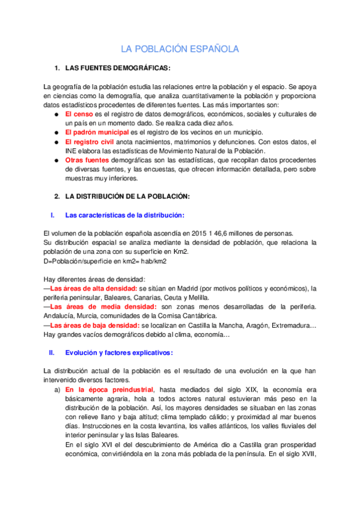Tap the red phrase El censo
pos(79,114)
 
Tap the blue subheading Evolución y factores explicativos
pos(119,352)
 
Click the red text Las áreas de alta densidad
pos(91,288)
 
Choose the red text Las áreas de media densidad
pos(94,307)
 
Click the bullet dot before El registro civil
pos(56,141)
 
